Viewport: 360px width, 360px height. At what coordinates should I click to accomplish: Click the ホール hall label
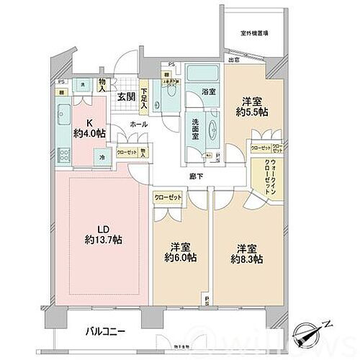tap(140, 124)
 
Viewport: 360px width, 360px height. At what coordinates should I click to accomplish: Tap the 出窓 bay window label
tap(234, 60)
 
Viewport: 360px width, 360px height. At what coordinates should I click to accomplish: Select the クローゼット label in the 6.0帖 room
tap(168, 197)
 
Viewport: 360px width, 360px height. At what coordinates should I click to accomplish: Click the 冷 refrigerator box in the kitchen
tap(103, 158)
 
